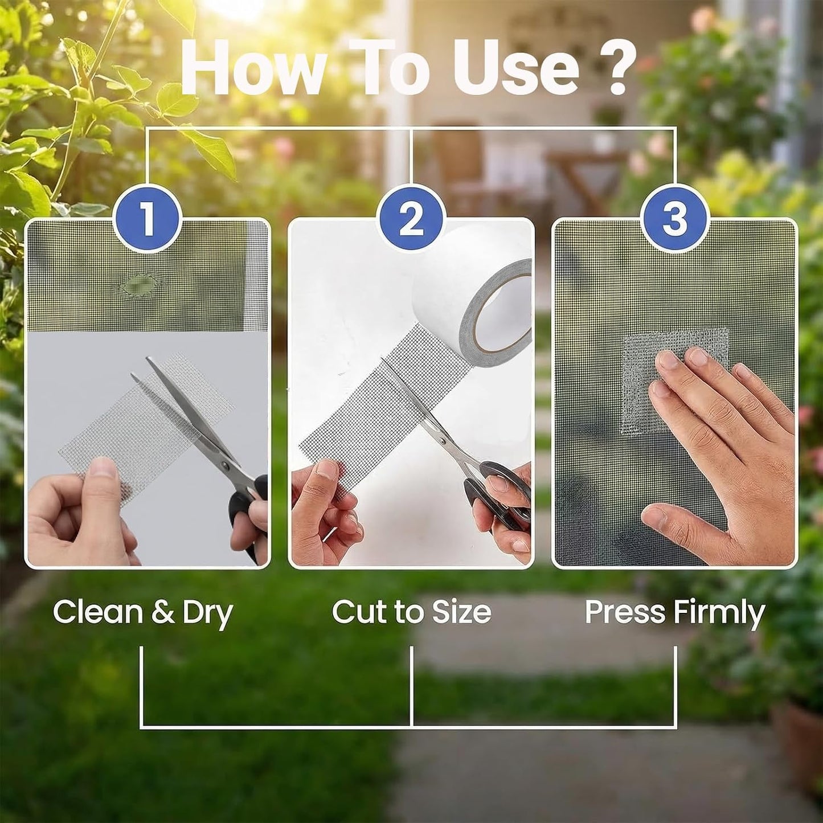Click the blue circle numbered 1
point(148,220)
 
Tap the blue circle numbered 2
point(411,220)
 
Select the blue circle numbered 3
point(674,220)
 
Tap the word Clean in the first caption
point(98,612)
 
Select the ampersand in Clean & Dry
point(163,612)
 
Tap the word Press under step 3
point(625,612)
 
